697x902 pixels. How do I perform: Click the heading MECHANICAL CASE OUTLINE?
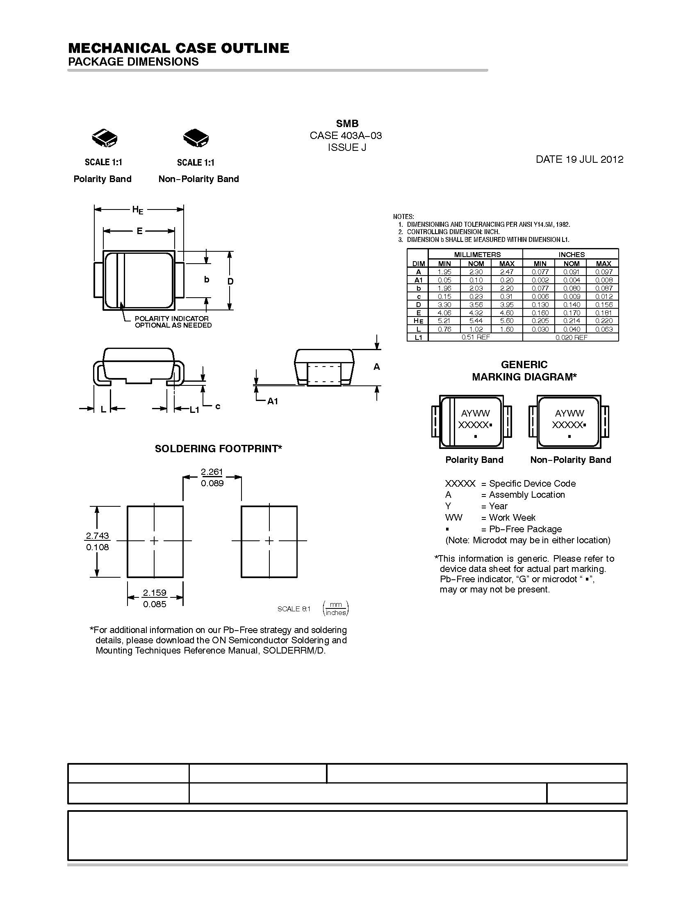178,48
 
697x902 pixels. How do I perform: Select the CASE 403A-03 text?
346,135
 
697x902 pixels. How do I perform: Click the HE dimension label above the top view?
138,210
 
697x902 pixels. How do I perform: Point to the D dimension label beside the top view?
230,281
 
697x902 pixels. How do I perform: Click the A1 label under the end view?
273,401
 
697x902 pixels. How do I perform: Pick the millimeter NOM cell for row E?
476,313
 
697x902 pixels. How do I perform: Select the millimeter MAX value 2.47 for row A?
507,272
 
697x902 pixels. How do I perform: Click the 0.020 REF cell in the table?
571,337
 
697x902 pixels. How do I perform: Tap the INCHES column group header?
571,255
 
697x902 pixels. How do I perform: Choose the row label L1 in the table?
418,337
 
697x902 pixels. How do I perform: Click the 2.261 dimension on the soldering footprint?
212,471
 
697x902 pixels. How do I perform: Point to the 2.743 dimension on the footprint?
98,536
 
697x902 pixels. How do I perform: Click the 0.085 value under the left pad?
155,604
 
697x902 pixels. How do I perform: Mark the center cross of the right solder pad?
269,541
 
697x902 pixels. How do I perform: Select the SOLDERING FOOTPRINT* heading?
218,449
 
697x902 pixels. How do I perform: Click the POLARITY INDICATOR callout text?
172,319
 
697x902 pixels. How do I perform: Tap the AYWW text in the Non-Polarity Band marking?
569,413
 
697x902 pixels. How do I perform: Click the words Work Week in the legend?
512,517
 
